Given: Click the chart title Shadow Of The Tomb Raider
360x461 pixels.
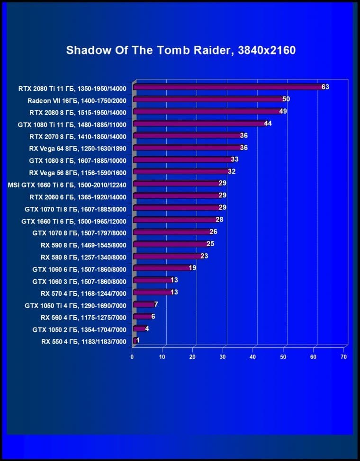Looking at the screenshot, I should coord(180,50).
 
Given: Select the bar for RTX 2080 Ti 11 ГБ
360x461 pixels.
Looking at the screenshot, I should coord(227,87).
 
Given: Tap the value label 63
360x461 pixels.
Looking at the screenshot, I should coord(325,87).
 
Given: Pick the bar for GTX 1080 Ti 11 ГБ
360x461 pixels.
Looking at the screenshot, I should coord(199,124).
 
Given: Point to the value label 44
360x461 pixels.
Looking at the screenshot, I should coord(268,124).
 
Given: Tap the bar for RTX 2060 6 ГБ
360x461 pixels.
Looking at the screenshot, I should coord(176,196).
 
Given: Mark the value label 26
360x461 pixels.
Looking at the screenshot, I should coord(213,232).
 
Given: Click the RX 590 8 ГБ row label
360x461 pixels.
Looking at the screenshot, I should coord(83,245).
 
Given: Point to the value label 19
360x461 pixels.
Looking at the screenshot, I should coord(192,268).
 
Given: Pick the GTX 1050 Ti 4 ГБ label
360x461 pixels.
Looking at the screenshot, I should coord(75,305).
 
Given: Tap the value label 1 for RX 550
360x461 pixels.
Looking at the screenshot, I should coord(137,340).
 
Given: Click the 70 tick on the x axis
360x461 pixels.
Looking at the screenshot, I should coord(343,356).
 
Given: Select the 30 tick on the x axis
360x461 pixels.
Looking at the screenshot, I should coord(223,356).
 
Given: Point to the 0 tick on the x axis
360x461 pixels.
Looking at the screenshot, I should coord(132,356).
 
